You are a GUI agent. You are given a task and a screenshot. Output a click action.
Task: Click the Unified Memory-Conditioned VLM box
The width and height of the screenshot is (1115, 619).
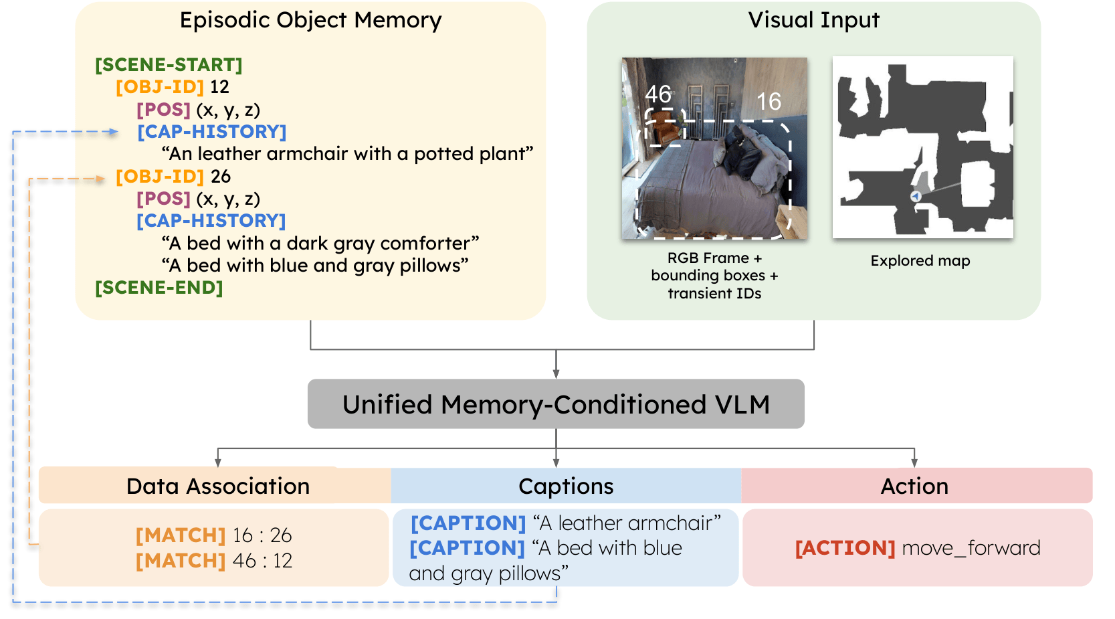click(x=556, y=404)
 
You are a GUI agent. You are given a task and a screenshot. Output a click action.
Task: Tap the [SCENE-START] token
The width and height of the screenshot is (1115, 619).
click(x=169, y=65)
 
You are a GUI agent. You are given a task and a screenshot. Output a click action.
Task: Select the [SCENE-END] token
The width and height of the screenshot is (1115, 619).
click(x=159, y=288)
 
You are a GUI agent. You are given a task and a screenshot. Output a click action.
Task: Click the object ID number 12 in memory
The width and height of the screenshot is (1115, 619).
click(x=219, y=87)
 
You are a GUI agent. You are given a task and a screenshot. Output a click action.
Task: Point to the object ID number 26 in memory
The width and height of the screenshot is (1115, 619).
click(x=220, y=177)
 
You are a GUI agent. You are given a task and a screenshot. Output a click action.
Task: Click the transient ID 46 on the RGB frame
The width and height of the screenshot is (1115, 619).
click(x=658, y=94)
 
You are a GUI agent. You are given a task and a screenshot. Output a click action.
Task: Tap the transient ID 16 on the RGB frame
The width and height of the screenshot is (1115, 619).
click(x=769, y=102)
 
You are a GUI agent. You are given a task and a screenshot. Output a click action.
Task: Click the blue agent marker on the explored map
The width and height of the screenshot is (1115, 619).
click(x=916, y=196)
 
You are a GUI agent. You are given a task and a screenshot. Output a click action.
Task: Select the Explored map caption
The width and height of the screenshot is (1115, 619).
click(x=920, y=261)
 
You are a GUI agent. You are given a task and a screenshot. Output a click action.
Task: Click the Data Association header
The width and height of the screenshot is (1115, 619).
click(x=217, y=486)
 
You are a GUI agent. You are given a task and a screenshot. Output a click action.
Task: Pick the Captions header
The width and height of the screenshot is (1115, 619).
click(x=566, y=486)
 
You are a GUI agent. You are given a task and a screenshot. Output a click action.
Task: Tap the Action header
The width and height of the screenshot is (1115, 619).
click(x=914, y=486)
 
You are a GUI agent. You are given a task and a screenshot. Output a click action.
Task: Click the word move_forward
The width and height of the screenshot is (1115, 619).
click(x=971, y=548)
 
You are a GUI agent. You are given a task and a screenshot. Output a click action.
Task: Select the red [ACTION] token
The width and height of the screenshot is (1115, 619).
click(x=845, y=548)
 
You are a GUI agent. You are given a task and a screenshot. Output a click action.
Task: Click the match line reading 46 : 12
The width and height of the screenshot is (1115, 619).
click(x=214, y=561)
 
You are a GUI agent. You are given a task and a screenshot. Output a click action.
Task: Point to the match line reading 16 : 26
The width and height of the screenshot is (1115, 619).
click(x=214, y=535)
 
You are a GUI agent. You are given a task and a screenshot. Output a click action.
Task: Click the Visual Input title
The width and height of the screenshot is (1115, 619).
click(x=813, y=20)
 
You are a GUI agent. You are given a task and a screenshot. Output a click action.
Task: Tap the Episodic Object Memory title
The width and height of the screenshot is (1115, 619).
click(x=310, y=20)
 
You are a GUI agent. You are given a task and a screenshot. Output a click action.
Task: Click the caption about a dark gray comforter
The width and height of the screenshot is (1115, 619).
click(x=320, y=244)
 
